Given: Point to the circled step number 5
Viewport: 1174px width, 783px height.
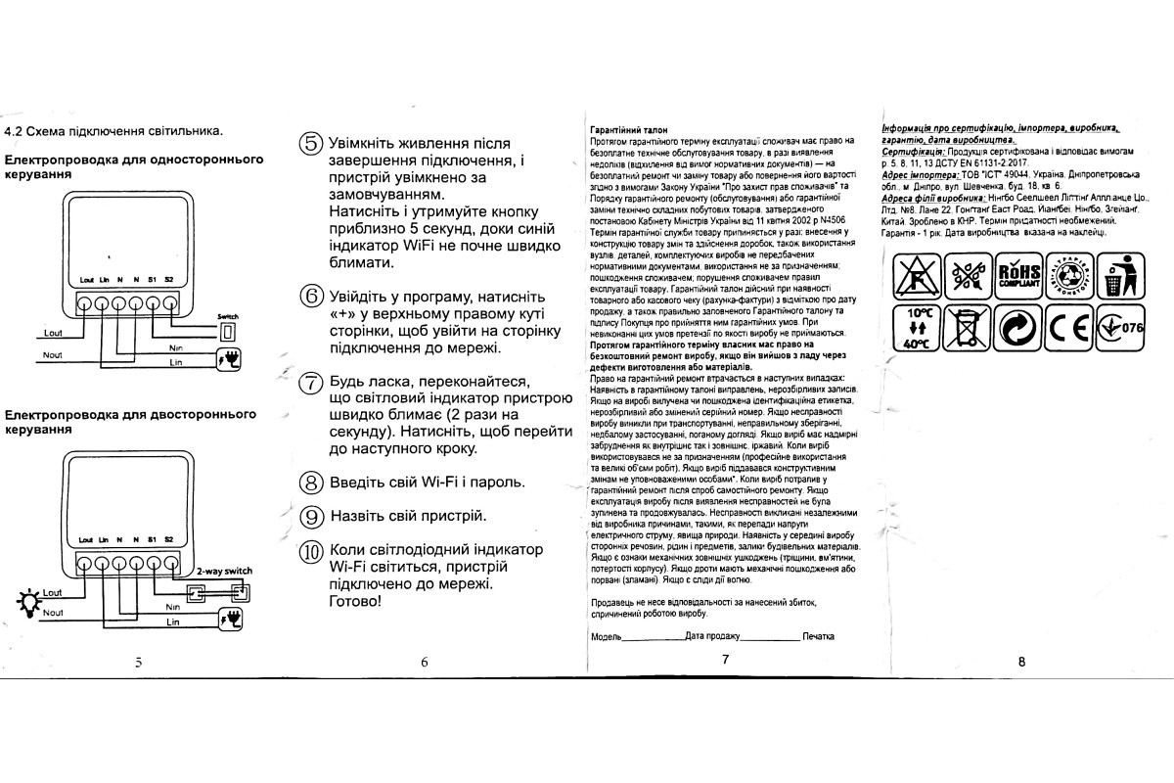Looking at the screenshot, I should pyautogui.click(x=310, y=144).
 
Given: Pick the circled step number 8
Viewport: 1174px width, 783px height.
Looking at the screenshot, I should pyautogui.click(x=310, y=483).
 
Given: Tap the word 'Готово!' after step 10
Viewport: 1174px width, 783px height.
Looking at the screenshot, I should pyautogui.click(x=357, y=601).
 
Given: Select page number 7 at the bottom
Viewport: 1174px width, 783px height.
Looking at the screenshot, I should pyautogui.click(x=725, y=660).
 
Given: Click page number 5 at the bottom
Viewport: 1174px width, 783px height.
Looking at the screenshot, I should pyautogui.click(x=139, y=662).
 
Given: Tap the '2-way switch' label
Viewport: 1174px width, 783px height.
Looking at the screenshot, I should pyautogui.click(x=224, y=571).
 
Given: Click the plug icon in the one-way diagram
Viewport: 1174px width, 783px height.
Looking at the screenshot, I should pyautogui.click(x=231, y=355).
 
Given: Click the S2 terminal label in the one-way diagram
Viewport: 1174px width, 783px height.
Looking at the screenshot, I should pyautogui.click(x=169, y=280).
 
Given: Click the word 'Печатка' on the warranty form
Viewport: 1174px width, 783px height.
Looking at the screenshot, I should pyautogui.click(x=818, y=636).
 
